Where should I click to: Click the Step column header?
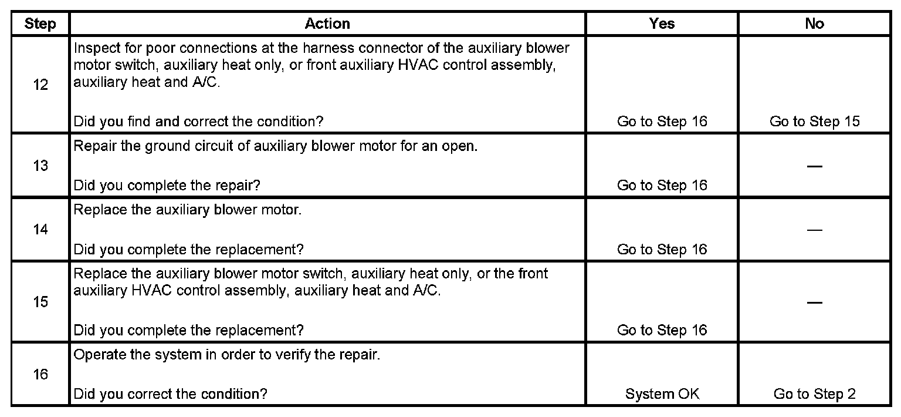point(40,23)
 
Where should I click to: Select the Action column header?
point(327,23)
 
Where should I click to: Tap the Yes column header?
point(662,23)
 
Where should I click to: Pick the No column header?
point(814,23)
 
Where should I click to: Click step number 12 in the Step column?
point(40,85)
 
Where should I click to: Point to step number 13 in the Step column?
point(40,166)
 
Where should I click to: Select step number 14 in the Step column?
point(40,230)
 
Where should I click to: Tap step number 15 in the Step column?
point(40,302)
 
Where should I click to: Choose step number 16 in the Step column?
point(40,374)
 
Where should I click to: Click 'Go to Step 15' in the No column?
point(814,122)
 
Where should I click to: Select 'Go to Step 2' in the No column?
point(814,394)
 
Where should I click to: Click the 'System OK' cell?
point(662,394)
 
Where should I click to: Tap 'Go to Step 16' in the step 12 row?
point(662,122)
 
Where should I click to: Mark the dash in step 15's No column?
point(814,302)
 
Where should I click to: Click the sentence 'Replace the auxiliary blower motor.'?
point(187,210)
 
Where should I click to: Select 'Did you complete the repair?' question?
point(167,186)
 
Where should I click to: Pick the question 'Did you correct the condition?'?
point(170,394)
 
